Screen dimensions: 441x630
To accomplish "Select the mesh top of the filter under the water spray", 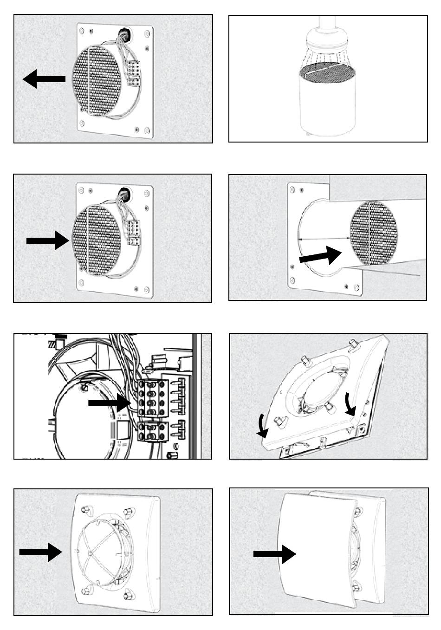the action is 327,71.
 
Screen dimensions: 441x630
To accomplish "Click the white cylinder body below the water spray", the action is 327,107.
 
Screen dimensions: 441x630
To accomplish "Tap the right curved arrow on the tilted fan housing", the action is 350,404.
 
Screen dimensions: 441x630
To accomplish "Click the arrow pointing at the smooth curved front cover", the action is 274,554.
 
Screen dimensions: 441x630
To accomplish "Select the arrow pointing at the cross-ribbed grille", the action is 40,552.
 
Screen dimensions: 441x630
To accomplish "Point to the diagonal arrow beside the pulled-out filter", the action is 320,255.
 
